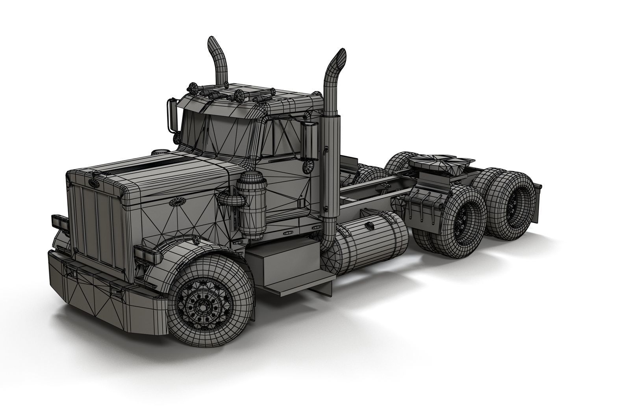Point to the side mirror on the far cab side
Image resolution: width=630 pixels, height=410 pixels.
(171, 114)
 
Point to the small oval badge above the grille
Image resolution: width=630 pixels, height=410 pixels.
(94, 182)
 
